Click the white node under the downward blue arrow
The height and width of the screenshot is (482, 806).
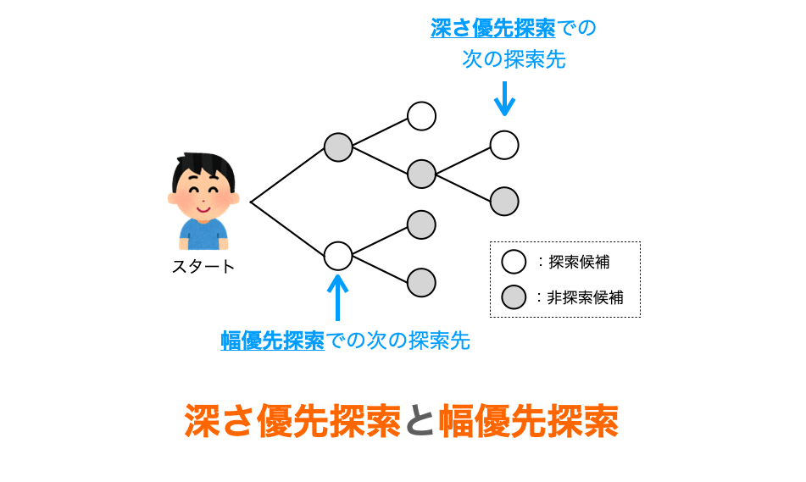click(x=504, y=145)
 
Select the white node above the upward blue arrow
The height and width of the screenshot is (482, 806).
click(x=337, y=255)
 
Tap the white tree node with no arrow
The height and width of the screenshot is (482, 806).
click(x=421, y=116)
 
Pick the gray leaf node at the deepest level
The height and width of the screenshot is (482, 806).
click(x=504, y=201)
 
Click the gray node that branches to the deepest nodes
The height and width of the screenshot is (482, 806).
click(x=421, y=174)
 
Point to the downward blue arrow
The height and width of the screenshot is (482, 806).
click(x=504, y=98)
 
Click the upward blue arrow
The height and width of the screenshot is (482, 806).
click(x=337, y=296)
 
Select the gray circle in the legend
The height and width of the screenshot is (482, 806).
click(x=514, y=297)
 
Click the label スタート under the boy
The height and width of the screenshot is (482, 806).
click(x=203, y=267)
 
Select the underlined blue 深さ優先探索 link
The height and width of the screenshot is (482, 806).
click(x=492, y=29)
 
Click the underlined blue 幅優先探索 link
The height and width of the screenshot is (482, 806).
click(x=272, y=341)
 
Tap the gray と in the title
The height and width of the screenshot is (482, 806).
click(x=419, y=421)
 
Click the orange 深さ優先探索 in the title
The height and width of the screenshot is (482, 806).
click(x=292, y=421)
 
